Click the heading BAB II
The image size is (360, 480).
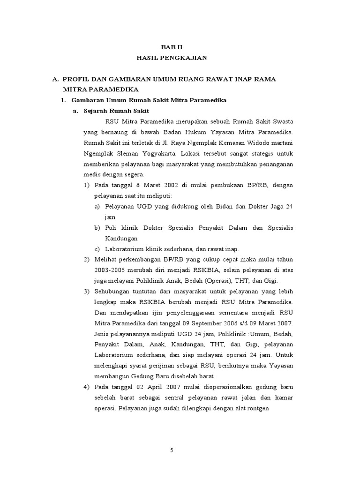coord(171,47)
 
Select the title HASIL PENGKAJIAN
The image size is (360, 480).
coord(171,58)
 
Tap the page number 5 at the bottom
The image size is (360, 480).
coord(172,450)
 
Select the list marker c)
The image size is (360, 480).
coord(97,248)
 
